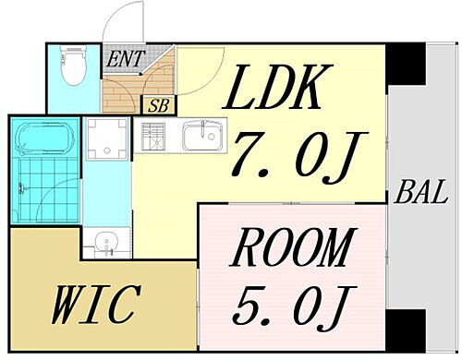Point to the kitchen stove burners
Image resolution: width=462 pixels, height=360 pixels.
pyautogui.click(x=152, y=138)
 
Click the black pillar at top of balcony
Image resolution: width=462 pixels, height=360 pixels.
pyautogui.click(x=403, y=65)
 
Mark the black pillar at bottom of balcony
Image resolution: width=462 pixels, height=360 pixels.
pyautogui.click(x=403, y=330)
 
